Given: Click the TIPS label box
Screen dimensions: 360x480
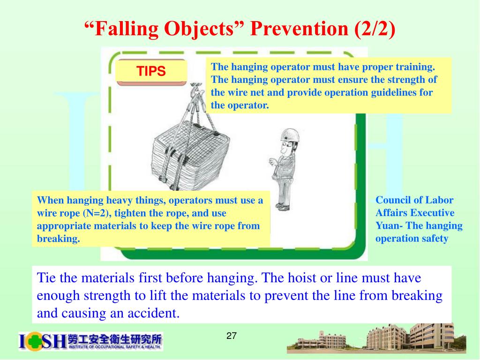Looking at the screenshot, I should tap(151, 72).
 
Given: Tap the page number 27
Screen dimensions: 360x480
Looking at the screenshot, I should tap(232, 336).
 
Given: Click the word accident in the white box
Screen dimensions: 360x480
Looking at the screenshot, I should tap(156, 313).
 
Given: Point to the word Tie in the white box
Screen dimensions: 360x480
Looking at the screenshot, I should tap(46, 278).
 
